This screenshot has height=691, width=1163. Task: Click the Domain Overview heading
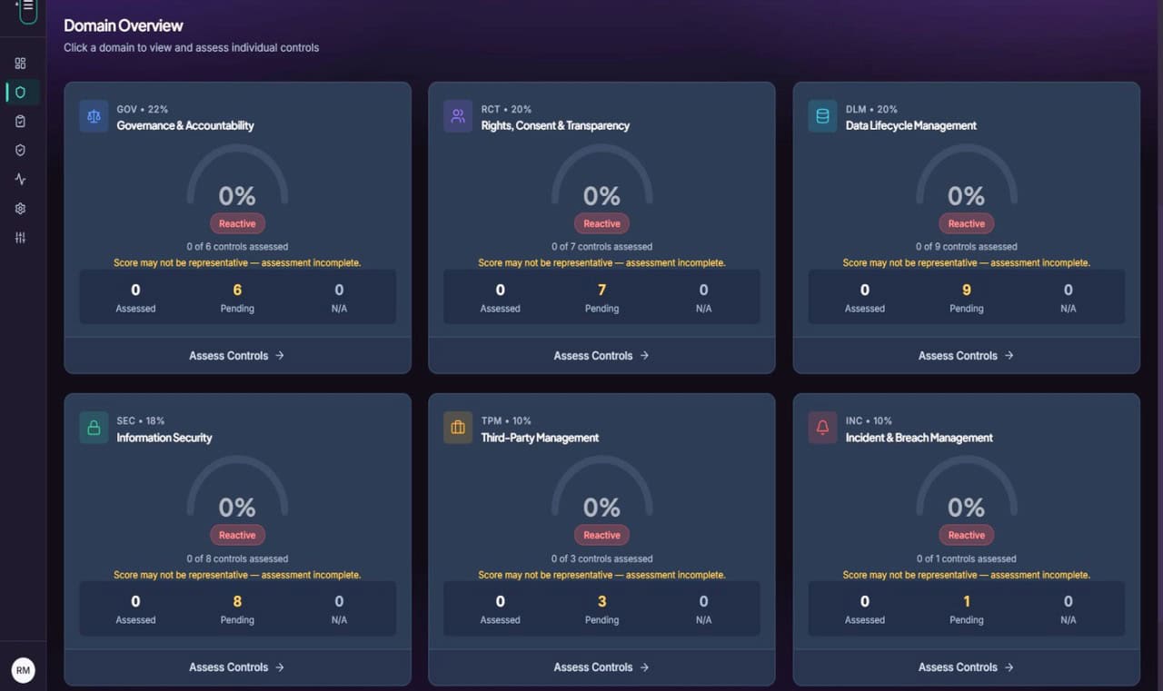pyautogui.click(x=123, y=25)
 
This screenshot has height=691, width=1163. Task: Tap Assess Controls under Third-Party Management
pyautogui.click(x=601, y=667)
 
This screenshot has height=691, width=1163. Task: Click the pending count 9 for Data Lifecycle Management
pyautogui.click(x=966, y=290)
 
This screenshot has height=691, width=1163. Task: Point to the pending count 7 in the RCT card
pyautogui.click(x=601, y=290)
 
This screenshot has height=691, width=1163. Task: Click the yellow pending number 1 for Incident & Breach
pyautogui.click(x=966, y=601)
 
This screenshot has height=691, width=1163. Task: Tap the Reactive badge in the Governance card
pyautogui.click(x=237, y=223)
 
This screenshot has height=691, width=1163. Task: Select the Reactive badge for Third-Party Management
pyautogui.click(x=601, y=535)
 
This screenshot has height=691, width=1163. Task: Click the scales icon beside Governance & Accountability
pyautogui.click(x=94, y=116)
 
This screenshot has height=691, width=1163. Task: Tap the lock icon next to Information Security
pyautogui.click(x=94, y=428)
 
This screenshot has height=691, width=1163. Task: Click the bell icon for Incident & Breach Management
pyautogui.click(x=822, y=428)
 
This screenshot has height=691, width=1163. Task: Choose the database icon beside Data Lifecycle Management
pyautogui.click(x=822, y=116)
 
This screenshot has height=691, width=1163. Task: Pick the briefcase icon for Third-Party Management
pyautogui.click(x=458, y=428)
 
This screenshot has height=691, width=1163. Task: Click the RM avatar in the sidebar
pyautogui.click(x=23, y=670)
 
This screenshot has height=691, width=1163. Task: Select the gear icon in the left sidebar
pyautogui.click(x=20, y=209)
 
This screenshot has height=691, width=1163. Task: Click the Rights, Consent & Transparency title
pyautogui.click(x=555, y=125)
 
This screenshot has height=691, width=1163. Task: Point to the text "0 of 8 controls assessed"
pyautogui.click(x=237, y=558)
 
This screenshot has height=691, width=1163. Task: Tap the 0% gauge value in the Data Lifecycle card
pyautogui.click(x=966, y=196)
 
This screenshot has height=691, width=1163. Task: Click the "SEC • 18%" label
pyautogui.click(x=140, y=420)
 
